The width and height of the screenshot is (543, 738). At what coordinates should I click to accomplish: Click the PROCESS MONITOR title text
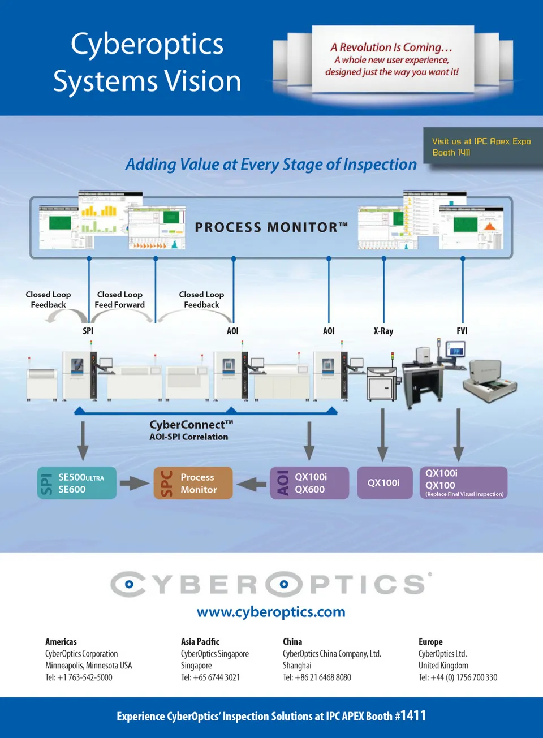pyautogui.click(x=271, y=227)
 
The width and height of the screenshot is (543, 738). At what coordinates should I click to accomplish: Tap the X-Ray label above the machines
pyautogui.click(x=383, y=331)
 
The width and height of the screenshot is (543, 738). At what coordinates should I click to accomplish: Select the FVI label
pyautogui.click(x=462, y=331)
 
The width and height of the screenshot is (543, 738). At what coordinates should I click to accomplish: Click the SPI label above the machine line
pyautogui.click(x=88, y=331)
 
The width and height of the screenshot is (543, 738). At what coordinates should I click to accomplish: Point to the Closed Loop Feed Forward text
pyautogui.click(x=119, y=300)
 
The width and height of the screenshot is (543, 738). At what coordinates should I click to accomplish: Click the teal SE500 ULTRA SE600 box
pyautogui.click(x=77, y=483)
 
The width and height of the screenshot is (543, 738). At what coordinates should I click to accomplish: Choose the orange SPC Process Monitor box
pyautogui.click(x=193, y=483)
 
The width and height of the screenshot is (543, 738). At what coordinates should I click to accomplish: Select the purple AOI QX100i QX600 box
pyautogui.click(x=309, y=483)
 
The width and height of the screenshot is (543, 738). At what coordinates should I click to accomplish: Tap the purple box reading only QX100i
pyautogui.click(x=384, y=483)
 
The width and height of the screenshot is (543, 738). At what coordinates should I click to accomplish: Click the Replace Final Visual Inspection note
pyautogui.click(x=464, y=494)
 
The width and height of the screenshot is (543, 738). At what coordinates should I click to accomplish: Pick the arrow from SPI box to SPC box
pyautogui.click(x=135, y=484)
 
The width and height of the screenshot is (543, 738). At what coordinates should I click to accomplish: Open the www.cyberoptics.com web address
pyautogui.click(x=271, y=612)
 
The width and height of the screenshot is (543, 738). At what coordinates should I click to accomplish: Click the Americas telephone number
pyautogui.click(x=79, y=677)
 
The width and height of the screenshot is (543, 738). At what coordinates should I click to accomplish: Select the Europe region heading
pyautogui.click(x=430, y=642)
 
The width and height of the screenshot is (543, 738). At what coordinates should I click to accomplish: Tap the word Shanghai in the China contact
pyautogui.click(x=297, y=666)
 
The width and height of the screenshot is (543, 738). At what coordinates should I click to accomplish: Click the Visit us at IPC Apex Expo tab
pyautogui.click(x=481, y=146)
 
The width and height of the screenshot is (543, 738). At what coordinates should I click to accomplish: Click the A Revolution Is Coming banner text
pyautogui.click(x=391, y=48)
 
